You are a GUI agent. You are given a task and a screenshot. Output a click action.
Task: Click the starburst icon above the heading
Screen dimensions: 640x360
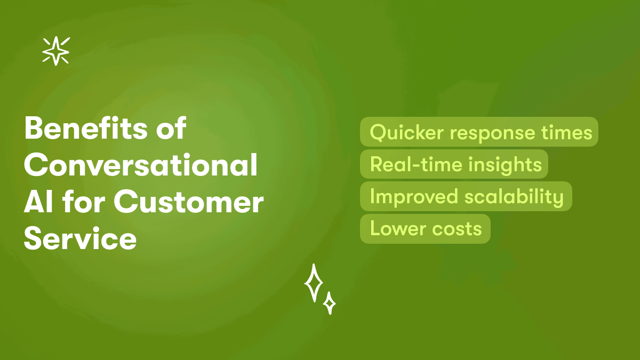pos(56,51)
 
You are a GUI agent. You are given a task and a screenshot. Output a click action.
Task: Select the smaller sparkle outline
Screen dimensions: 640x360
pos(330,303)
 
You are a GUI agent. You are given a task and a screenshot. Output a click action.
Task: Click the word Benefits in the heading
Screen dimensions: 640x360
pos(85,128)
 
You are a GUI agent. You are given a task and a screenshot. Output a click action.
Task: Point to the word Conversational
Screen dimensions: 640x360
pos(141,165)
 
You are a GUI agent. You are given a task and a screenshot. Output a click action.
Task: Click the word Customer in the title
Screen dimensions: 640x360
pos(189,202)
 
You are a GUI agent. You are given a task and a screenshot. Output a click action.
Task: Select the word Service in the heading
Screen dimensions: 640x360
pos(81,238)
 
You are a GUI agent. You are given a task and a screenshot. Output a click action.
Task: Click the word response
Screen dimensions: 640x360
pos(492,134)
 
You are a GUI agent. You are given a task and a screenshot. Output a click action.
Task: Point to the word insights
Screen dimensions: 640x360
pos(505,165)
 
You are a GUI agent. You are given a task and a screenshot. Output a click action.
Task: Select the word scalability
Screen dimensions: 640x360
pos(514,197)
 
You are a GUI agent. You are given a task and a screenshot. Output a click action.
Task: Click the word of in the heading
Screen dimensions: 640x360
pos(171,128)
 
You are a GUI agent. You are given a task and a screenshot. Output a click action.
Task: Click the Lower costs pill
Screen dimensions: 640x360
pos(425,229)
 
